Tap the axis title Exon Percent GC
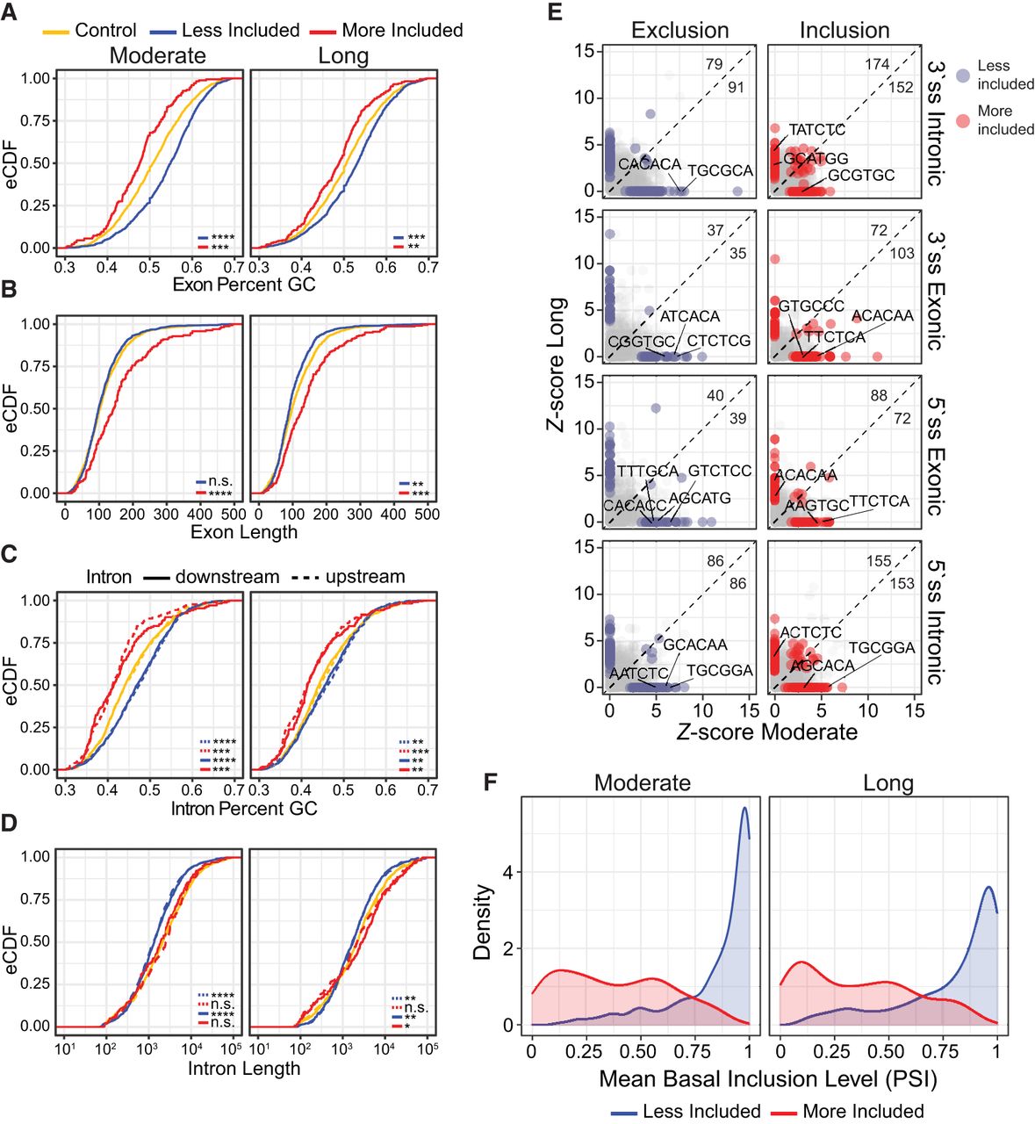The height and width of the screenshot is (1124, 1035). point(244,285)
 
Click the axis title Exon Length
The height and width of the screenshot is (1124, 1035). point(244,532)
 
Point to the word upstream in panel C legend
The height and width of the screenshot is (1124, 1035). point(365,577)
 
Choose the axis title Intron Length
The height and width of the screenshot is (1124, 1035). point(244,1069)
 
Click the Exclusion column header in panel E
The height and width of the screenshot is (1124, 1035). point(679,31)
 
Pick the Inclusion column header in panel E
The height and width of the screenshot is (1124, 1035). point(844,31)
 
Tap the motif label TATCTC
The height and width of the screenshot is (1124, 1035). point(817,130)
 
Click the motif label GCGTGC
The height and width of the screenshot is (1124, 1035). point(861,176)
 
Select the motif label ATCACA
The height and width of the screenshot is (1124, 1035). point(690,317)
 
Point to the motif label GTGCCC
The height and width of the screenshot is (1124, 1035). point(811,306)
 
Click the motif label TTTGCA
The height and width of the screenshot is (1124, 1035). point(648,472)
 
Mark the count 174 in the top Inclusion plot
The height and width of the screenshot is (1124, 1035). point(877,64)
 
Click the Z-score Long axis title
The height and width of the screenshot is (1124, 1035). point(556,365)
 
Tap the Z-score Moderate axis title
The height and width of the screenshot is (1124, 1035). point(766,732)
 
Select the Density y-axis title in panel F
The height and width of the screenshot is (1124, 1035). point(483,921)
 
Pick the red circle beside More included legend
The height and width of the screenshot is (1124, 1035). point(962,120)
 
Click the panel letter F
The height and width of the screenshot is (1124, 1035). point(492,780)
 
